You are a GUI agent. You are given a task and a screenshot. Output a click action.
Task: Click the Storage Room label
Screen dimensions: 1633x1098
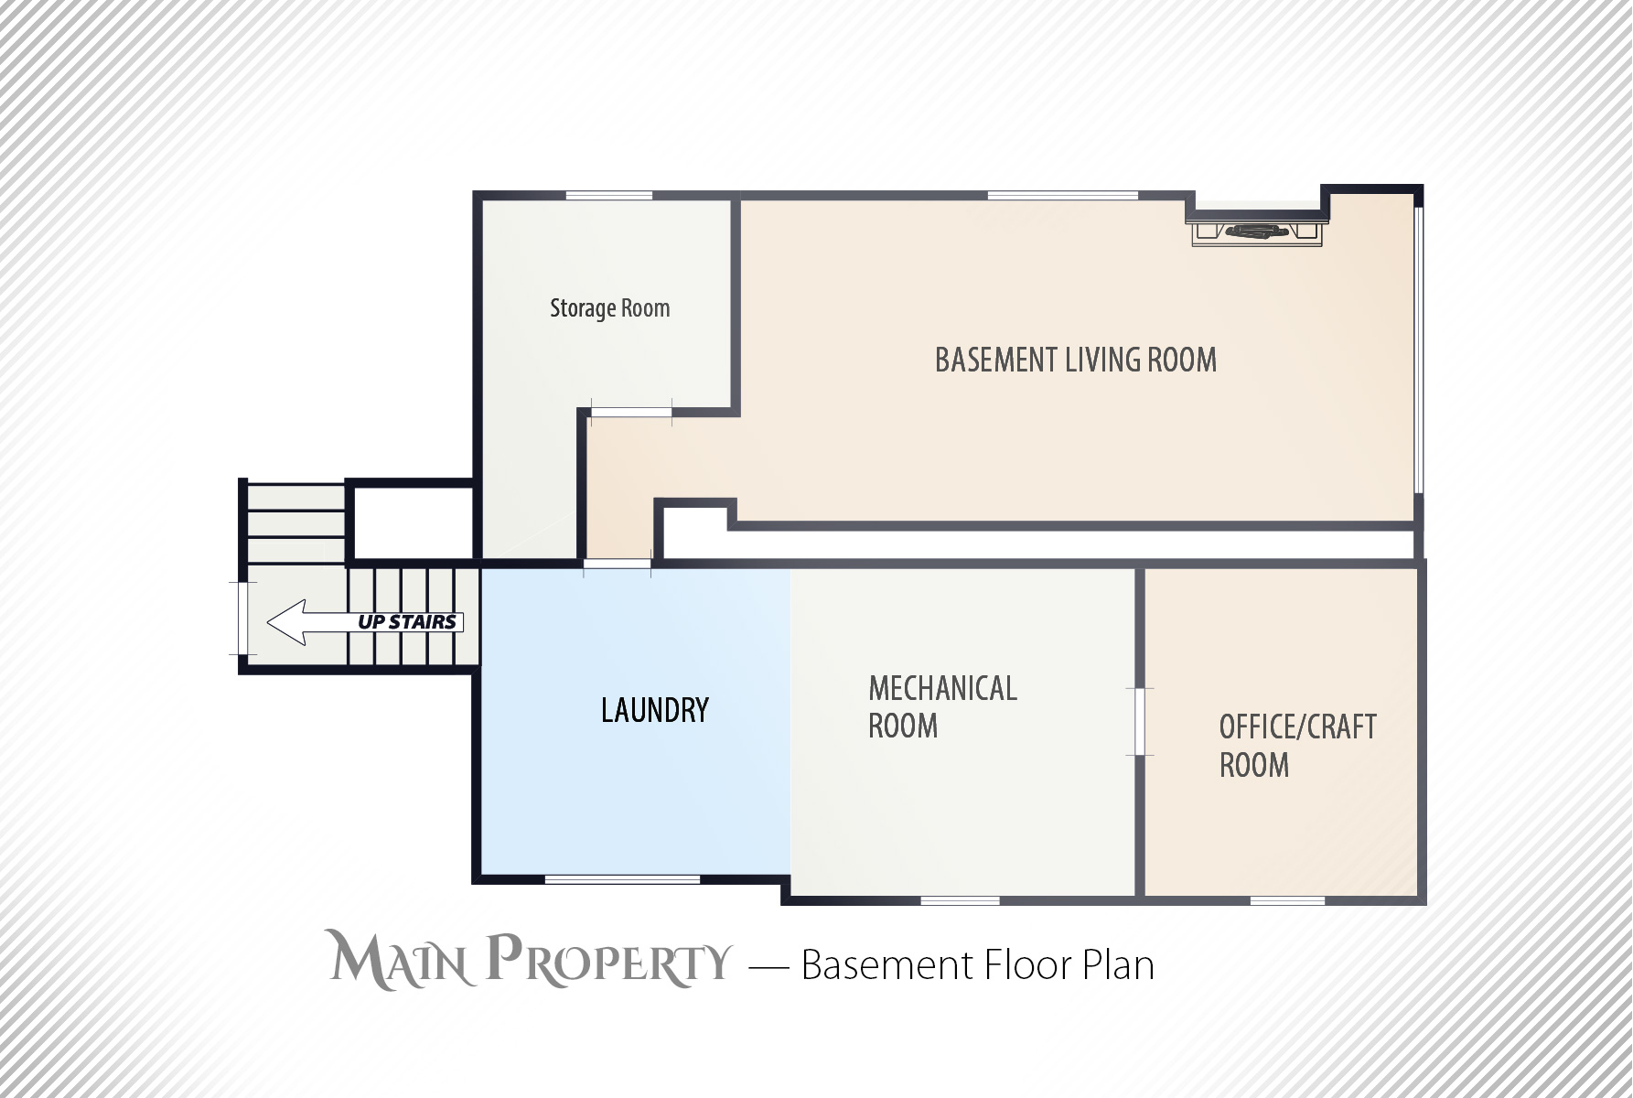coord(609,308)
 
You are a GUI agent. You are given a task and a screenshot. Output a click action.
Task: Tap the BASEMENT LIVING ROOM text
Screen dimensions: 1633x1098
coord(1076,360)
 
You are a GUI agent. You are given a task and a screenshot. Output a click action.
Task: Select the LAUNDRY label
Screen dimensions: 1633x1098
coord(655,710)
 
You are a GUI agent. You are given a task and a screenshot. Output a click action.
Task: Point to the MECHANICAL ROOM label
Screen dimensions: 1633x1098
coord(942,707)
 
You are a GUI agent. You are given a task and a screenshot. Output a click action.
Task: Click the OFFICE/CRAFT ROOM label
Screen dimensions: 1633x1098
coord(1297,746)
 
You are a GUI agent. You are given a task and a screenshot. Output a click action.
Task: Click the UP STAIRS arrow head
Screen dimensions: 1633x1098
coord(285,622)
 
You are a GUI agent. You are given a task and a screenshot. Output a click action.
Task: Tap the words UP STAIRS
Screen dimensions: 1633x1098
coord(407,622)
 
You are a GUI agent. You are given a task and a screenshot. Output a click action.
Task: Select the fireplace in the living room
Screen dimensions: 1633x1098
coord(1258,231)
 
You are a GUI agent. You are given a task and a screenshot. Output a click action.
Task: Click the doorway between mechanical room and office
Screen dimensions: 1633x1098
coord(1140,722)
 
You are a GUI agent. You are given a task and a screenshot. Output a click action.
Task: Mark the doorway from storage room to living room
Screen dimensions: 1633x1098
coord(631,411)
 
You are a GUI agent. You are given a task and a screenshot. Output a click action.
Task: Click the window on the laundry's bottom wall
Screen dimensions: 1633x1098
coord(622,880)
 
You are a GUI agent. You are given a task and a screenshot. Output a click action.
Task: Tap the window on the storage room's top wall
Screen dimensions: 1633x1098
coord(609,195)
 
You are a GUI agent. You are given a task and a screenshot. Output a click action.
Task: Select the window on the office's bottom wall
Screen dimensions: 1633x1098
coord(1287,901)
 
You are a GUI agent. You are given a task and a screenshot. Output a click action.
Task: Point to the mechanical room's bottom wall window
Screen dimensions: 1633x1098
coord(960,901)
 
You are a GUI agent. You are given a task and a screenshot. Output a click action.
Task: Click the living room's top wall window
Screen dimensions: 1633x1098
coord(1063,195)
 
